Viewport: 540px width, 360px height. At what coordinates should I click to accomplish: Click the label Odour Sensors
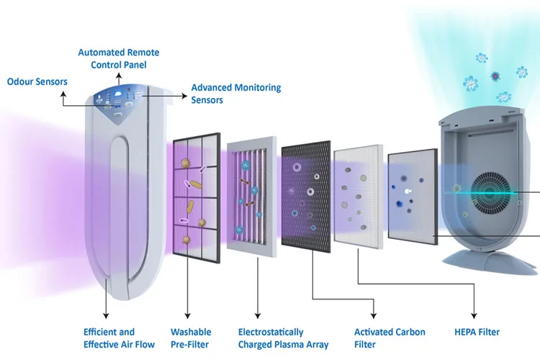(x=37, y=81)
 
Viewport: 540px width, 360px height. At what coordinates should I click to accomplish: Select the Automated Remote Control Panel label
(x=119, y=59)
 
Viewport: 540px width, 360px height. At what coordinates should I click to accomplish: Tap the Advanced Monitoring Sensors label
(x=235, y=94)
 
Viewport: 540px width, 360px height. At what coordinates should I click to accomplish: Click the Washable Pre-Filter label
(x=191, y=338)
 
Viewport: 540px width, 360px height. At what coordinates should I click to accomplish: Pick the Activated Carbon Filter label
(x=390, y=338)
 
